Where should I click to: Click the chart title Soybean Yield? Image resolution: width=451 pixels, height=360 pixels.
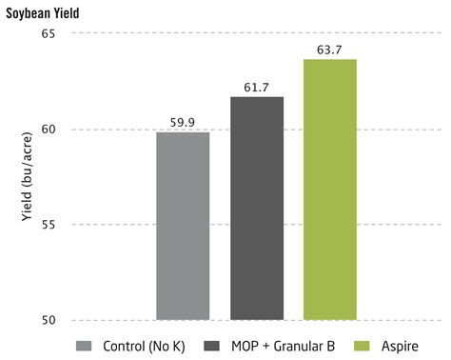(43, 13)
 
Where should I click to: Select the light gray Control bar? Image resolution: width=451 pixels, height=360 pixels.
(183, 226)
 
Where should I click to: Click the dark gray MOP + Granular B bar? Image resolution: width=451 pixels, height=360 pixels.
(257, 209)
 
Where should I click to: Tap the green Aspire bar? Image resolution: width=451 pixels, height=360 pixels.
(330, 190)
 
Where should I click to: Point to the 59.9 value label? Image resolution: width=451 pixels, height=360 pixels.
(183, 123)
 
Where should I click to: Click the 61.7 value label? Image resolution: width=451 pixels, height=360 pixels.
(256, 88)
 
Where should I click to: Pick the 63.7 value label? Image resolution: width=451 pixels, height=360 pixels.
(329, 50)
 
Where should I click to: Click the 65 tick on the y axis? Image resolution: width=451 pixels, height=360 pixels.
(49, 33)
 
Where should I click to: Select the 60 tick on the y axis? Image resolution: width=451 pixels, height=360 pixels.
(49, 130)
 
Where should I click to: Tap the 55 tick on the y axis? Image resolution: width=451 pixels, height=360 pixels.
(49, 225)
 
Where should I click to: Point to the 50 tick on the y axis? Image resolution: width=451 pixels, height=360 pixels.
(49, 320)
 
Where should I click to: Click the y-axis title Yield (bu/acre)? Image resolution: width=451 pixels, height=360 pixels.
(27, 176)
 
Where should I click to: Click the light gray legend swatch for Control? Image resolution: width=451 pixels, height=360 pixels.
(84, 346)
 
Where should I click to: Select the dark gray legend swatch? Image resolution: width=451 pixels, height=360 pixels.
(211, 346)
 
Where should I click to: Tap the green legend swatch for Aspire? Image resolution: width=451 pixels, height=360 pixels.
(362, 346)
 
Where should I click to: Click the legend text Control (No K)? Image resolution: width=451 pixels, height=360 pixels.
(144, 346)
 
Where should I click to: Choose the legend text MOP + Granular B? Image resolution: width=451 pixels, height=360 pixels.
(284, 346)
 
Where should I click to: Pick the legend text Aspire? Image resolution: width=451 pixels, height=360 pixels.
(400, 347)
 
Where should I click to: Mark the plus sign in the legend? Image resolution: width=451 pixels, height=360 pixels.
(266, 347)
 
